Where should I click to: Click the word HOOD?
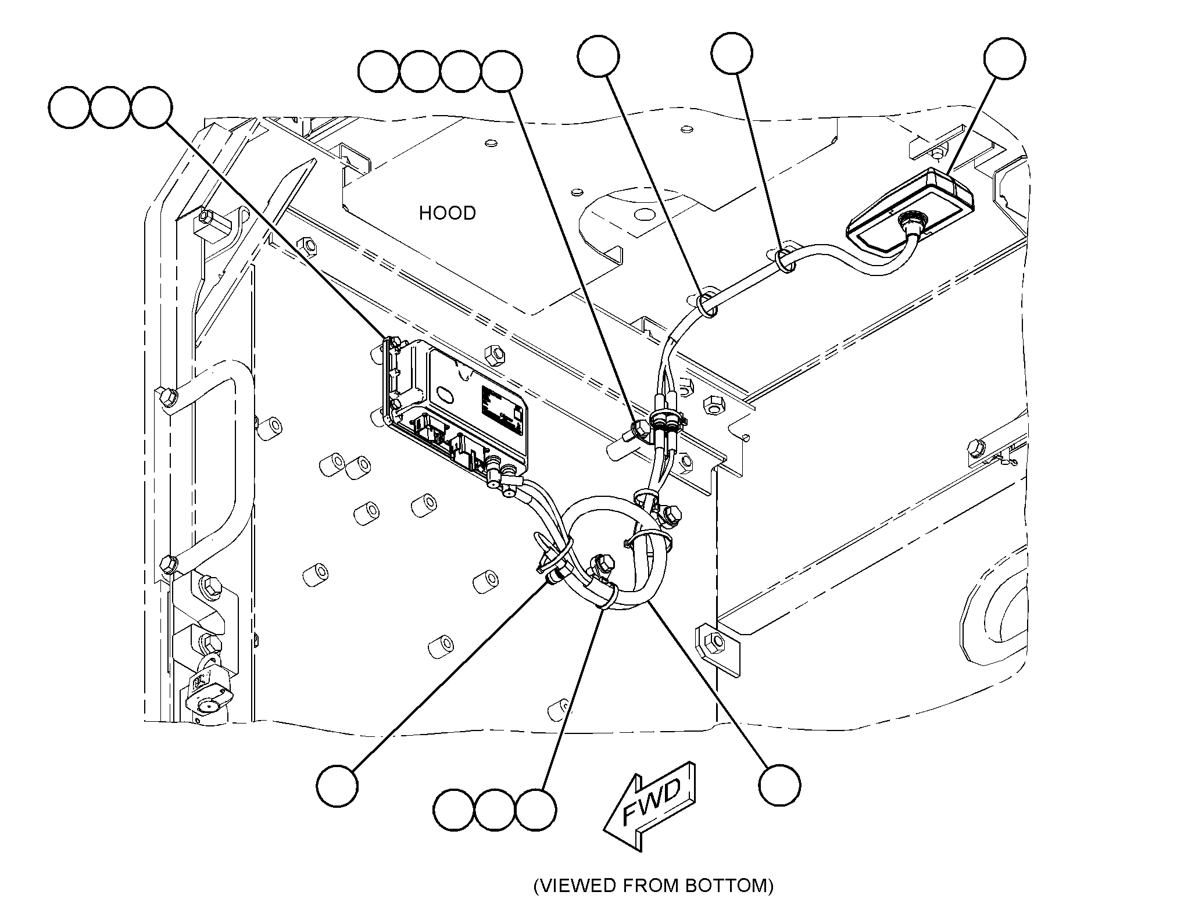pos(447,213)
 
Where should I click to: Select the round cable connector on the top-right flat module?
pos(908,222)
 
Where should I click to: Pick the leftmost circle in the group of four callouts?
pos(379,71)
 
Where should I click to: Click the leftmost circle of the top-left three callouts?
pos(70,108)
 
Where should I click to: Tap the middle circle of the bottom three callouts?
pos(495,810)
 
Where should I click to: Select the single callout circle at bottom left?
pos(337,785)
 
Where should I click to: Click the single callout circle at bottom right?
pos(779,785)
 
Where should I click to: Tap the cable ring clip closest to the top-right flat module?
pos(786,259)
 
